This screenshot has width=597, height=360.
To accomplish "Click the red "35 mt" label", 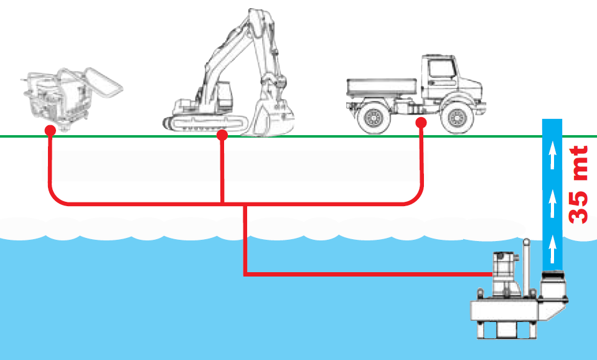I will [580, 185].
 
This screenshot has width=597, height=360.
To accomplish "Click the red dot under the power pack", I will [50, 130].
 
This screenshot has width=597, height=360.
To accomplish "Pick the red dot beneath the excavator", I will [222, 134].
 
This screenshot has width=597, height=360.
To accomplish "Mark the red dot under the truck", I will [421, 123].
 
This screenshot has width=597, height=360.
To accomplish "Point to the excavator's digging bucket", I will [269, 118].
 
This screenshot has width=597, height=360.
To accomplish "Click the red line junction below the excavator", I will [222, 204].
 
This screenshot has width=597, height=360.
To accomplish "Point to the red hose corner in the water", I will [245, 273].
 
